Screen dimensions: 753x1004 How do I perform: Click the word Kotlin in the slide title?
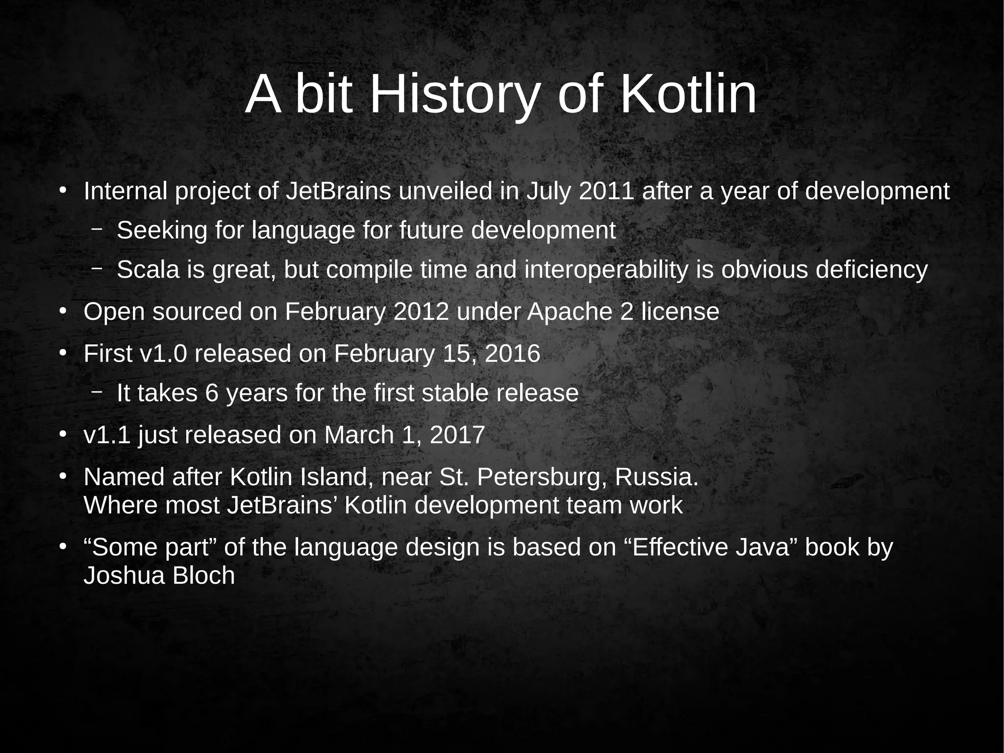click(x=688, y=94)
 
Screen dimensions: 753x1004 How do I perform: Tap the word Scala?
click(x=148, y=270)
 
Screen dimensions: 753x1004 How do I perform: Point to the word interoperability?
click(x=606, y=270)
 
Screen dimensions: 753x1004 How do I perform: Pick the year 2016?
click(x=512, y=354)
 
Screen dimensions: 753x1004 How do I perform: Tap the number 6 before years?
click(x=212, y=393)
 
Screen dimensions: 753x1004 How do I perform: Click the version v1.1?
click(x=107, y=435)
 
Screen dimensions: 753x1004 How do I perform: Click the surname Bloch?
click(x=204, y=576)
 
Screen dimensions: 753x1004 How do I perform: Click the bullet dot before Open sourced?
click(x=62, y=312)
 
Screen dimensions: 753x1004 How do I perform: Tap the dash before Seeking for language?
click(x=97, y=229)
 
